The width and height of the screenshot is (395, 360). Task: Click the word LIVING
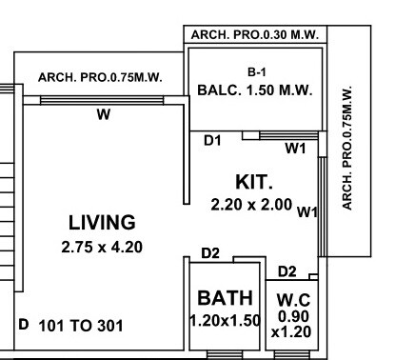(101, 223)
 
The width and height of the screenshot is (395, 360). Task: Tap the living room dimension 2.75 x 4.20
(101, 247)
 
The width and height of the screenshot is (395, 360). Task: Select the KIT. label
(255, 181)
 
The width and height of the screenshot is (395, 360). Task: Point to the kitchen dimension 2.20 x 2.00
(251, 203)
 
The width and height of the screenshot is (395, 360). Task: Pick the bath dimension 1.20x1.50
(225, 320)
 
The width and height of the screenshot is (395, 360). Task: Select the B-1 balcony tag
(255, 71)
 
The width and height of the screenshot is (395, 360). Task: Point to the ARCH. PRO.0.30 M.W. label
(254, 34)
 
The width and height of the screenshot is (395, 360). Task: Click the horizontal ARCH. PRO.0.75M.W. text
(100, 77)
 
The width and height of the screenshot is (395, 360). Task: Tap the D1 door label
(213, 141)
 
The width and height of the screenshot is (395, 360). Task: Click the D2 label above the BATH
(210, 253)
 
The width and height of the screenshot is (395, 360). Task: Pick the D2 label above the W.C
(286, 272)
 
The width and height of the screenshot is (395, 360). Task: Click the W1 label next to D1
(296, 148)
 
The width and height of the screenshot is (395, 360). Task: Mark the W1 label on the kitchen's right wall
(306, 211)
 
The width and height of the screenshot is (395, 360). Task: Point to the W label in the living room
(103, 116)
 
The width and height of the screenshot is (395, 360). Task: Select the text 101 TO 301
(81, 326)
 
